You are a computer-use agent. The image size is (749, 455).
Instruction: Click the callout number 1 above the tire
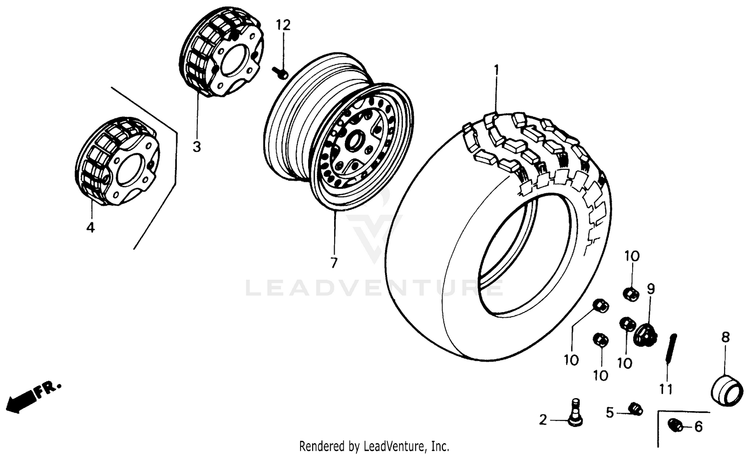pyautogui.click(x=496, y=69)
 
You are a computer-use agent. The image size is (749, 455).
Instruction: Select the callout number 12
pyautogui.click(x=283, y=24)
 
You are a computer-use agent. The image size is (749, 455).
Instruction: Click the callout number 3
pyautogui.click(x=197, y=147)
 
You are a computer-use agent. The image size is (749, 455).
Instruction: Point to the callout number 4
pyautogui.click(x=90, y=227)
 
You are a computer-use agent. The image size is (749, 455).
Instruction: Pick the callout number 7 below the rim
pyautogui.click(x=334, y=262)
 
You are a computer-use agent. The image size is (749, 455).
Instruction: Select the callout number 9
pyautogui.click(x=651, y=289)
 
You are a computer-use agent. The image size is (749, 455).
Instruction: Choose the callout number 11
pyautogui.click(x=666, y=389)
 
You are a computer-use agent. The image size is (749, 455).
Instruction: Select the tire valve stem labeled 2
pyautogui.click(x=576, y=412)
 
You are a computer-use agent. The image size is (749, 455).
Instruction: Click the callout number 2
pyautogui.click(x=543, y=420)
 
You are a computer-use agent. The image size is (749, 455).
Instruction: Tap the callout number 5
pyautogui.click(x=610, y=413)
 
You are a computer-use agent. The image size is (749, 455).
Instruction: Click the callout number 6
pyautogui.click(x=698, y=427)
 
